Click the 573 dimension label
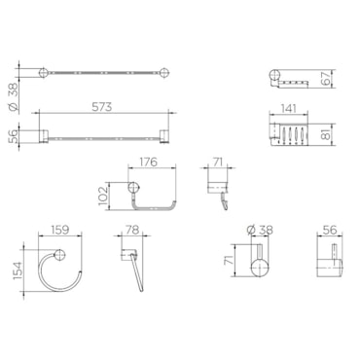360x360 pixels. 101,107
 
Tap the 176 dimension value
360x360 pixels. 149,162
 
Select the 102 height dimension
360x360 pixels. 103,196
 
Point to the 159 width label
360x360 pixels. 60,230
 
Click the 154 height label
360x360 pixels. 18,270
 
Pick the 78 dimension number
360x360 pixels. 132,230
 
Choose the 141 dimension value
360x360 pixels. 288,108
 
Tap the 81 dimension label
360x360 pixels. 327,133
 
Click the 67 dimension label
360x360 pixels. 327,78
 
